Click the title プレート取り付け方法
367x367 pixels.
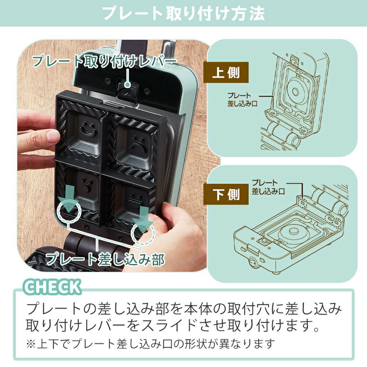pyautogui.click(x=184, y=13)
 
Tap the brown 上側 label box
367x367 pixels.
pyautogui.click(x=226, y=72)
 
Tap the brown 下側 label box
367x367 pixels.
pyautogui.click(x=226, y=194)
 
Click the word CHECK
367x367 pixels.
pyautogui.click(x=53, y=287)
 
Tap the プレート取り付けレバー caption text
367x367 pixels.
pyautogui.click(x=104, y=61)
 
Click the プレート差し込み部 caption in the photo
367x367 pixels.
pyautogui.click(x=105, y=259)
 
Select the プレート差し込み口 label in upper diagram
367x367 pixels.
pyautogui.click(x=242, y=99)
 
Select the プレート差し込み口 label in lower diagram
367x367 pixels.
pyautogui.click(x=268, y=187)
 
